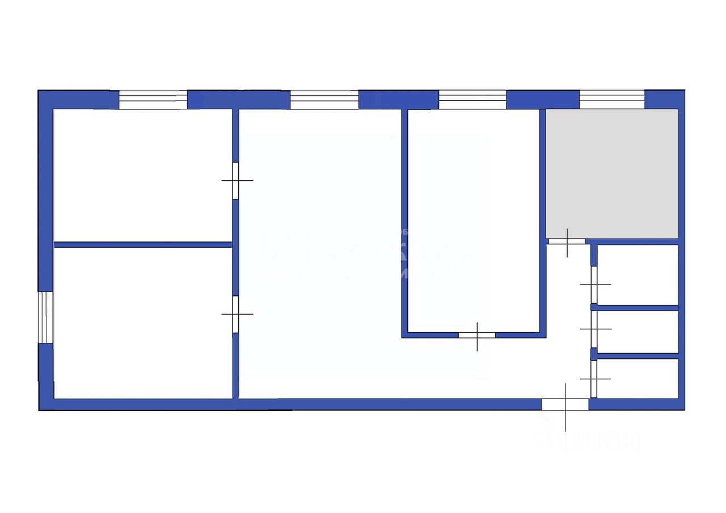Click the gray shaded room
pos(612,173)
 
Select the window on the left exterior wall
pos(45,317)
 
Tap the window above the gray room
pos(611,99)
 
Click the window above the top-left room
pos(153,100)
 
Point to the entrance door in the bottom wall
pos(565,404)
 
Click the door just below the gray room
pos(567,241)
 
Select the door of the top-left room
pos(235,181)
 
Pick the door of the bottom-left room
pos(235,314)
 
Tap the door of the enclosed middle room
pos(476,335)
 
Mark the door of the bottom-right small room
pos(594,379)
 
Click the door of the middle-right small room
pos(594,329)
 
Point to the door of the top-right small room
pos(594,285)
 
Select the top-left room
pos(142,175)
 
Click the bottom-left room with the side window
pos(142,323)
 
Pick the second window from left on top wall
pos(324,100)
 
